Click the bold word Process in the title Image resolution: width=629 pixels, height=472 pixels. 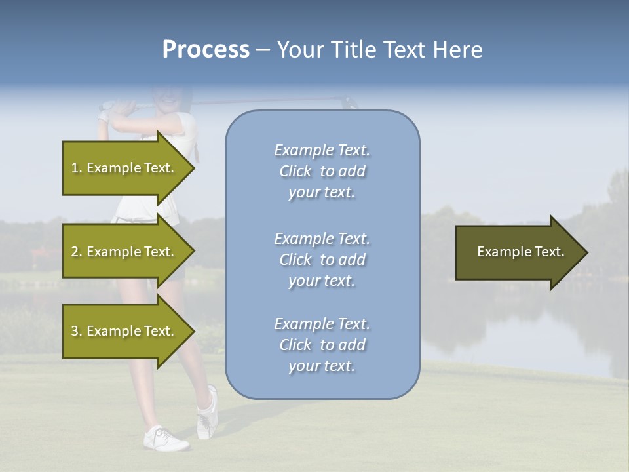(x=206, y=50)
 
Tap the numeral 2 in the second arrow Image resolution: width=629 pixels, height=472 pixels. (x=75, y=252)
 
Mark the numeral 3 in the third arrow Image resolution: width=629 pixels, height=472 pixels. (x=75, y=331)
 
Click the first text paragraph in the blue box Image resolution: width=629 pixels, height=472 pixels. (x=322, y=171)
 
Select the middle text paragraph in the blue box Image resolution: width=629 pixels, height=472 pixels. (x=322, y=260)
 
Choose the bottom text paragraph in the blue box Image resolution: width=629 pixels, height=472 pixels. (x=322, y=345)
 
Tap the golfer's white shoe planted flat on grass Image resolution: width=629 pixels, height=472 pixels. (x=165, y=439)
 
